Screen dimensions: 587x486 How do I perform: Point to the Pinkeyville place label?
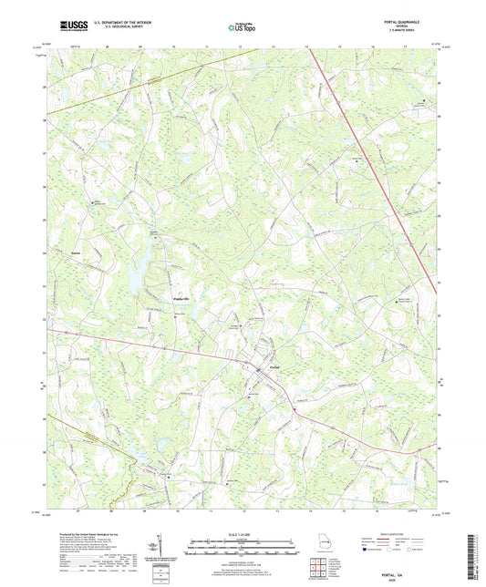(158, 298)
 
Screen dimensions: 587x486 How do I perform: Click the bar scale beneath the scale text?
(243, 550)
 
